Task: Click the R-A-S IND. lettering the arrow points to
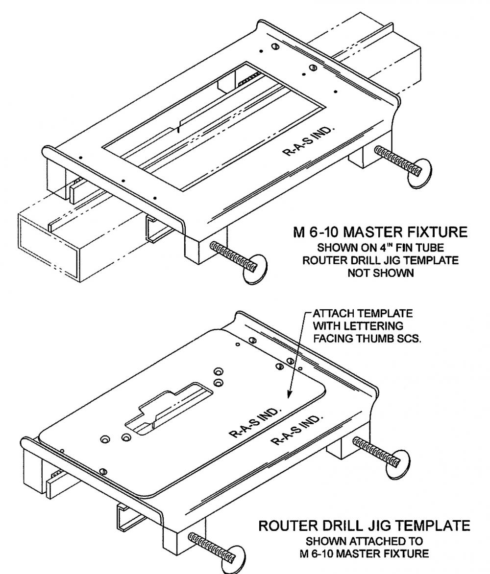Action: pos(254,421)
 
